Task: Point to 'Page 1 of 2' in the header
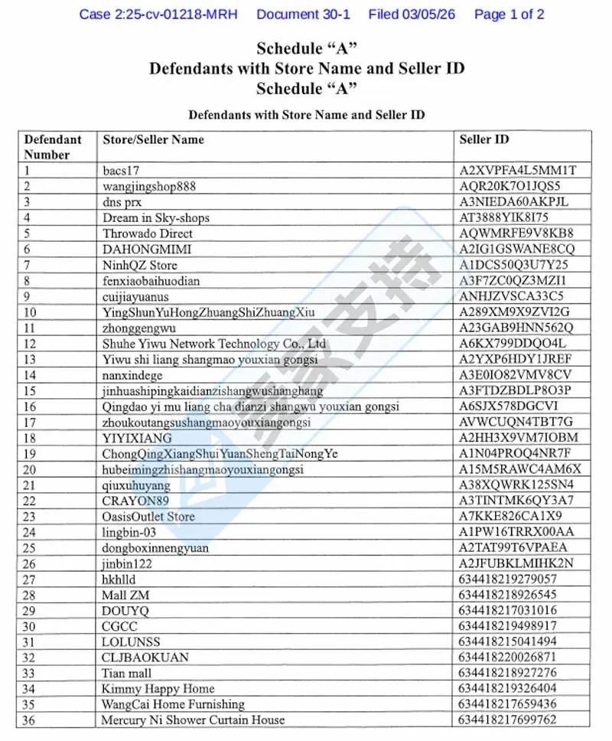(509, 14)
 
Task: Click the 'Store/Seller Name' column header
(153, 139)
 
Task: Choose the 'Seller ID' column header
(483, 139)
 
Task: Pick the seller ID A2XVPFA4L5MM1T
(517, 170)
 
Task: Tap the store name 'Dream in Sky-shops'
(156, 217)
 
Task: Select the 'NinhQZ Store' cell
(139, 265)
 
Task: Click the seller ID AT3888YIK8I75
(504, 217)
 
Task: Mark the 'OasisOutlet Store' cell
(148, 517)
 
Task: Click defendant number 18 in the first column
(31, 438)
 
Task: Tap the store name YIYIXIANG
(137, 438)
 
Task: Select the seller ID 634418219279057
(508, 579)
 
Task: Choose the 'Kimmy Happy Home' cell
(158, 689)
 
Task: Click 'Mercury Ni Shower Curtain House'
(193, 720)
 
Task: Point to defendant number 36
(31, 720)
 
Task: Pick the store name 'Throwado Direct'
(148, 233)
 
